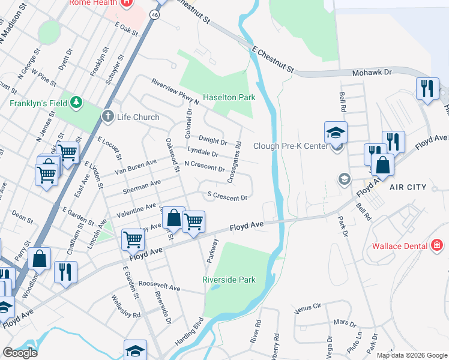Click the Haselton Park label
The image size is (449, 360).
tap(229, 97)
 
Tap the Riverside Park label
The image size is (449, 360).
tap(229, 280)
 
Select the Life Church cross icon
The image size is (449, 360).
tap(108, 116)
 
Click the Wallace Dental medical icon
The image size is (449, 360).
tap(437, 245)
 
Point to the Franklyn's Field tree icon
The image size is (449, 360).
tap(76, 103)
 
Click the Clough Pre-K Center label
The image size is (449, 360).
tap(291, 146)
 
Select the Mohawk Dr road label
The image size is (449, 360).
tap(371, 71)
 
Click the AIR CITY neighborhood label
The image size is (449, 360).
tap(408, 187)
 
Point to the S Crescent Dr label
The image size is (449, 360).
tap(227, 196)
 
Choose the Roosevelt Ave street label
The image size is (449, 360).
tap(159, 287)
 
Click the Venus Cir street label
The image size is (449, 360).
tap(309, 308)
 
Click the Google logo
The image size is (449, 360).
tap(19, 353)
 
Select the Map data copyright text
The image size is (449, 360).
tap(412, 355)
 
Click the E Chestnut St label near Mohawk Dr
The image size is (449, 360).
tap(273, 60)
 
